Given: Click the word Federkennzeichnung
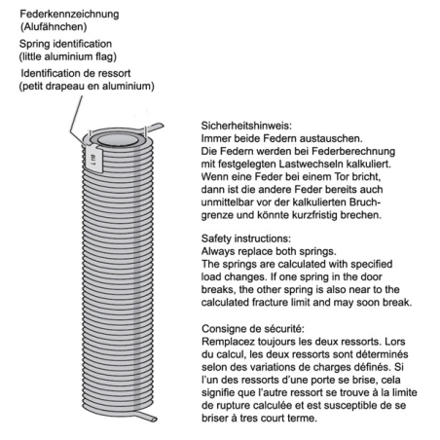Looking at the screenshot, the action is (69, 15).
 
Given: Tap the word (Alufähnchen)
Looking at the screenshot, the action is (54, 26).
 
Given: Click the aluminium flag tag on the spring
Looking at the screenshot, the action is (94, 158).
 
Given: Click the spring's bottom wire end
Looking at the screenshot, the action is (148, 417).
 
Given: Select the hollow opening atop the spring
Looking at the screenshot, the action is (118, 140).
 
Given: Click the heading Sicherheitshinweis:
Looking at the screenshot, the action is (246, 126).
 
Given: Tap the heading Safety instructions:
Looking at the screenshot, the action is (246, 238).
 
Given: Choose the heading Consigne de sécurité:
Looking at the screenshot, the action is (253, 329).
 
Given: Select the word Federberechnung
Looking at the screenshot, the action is (353, 151).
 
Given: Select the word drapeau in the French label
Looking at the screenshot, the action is (65, 87).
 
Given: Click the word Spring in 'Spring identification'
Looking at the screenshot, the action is (34, 44).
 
